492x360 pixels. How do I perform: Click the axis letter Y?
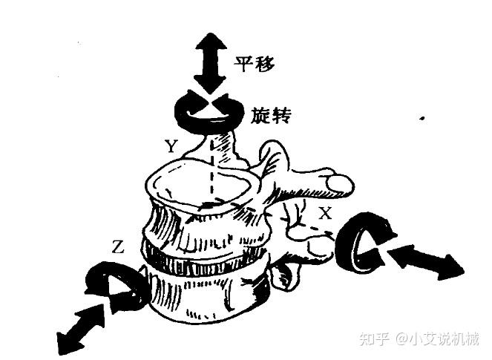[171, 147]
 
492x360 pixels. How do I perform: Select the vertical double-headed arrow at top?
[209, 63]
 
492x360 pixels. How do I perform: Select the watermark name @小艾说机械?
[437, 339]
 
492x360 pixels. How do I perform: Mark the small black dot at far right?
[422, 117]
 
